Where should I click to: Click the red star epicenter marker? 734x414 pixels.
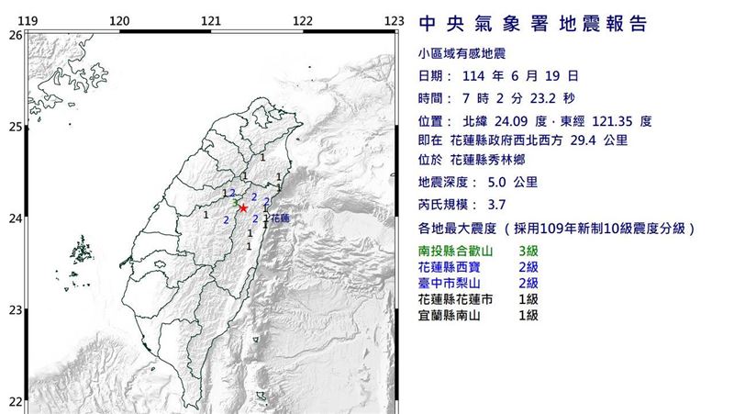tap(243, 208)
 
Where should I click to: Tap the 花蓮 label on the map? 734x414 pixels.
tap(280, 218)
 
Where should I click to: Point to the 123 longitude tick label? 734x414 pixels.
tap(395, 20)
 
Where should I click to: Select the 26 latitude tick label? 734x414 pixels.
tap(14, 35)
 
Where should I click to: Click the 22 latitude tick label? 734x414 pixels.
tap(14, 401)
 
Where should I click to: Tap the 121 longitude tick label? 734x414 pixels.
tap(211, 20)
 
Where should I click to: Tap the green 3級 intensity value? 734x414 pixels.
tap(528, 250)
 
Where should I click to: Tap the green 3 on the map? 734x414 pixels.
tap(236, 203)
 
